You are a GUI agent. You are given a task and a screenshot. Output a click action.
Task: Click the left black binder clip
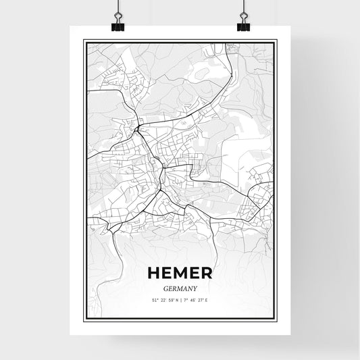pyautogui.click(x=118, y=25)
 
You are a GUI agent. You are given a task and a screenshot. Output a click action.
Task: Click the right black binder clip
pyautogui.click(x=243, y=25)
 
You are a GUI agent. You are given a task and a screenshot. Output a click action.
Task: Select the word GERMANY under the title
pyautogui.click(x=180, y=288)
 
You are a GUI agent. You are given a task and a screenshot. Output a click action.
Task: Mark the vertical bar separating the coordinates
pyautogui.click(x=180, y=299)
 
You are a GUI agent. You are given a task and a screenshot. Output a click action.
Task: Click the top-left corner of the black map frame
pyautogui.click(x=84, y=40)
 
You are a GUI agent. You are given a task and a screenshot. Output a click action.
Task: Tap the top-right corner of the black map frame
pyautogui.click(x=276, y=40)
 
